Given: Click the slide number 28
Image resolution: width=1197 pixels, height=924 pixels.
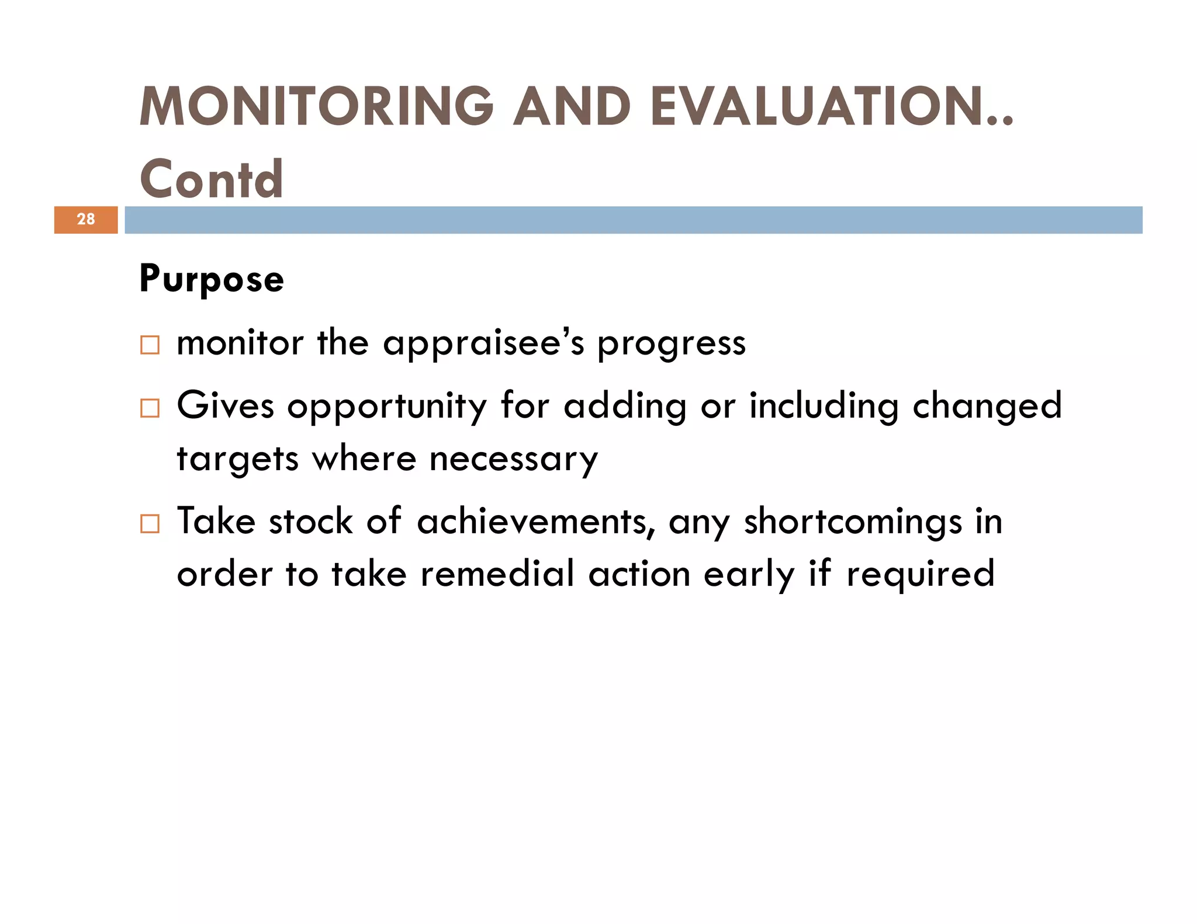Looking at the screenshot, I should click(x=86, y=220).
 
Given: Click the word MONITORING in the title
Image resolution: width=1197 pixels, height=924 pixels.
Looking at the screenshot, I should click(x=316, y=107).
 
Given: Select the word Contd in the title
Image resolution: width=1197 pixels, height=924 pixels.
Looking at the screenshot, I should click(x=212, y=179).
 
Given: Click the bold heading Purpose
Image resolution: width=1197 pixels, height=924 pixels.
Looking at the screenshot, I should click(x=212, y=279).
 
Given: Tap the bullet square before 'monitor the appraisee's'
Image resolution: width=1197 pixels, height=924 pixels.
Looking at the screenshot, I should click(x=150, y=345).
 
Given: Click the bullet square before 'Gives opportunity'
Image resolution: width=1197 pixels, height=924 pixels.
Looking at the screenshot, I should click(x=150, y=408).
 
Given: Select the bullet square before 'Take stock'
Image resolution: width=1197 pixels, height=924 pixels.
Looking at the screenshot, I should click(x=150, y=524).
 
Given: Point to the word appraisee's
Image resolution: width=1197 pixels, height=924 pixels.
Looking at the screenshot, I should click(x=483, y=344).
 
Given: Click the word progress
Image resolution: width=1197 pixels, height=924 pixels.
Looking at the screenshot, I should click(x=671, y=344).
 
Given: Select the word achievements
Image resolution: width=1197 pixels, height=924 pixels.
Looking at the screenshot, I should click(x=535, y=522).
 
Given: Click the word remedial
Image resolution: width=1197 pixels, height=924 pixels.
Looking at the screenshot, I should click(x=497, y=574).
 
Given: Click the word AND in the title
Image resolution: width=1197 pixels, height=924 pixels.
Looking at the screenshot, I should click(x=572, y=107).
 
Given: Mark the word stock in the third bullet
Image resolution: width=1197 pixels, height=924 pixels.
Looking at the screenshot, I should click(x=310, y=522).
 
